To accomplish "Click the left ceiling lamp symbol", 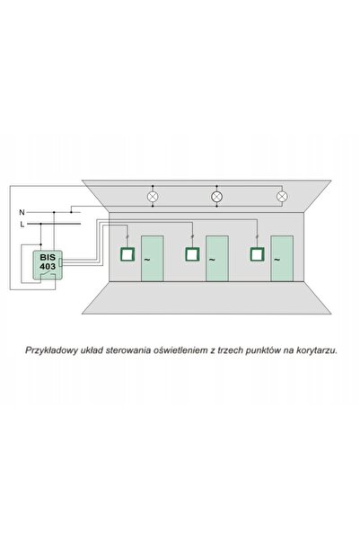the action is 153,197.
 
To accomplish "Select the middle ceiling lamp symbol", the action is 216,197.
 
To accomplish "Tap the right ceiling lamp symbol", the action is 282,196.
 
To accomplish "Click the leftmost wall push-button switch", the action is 127,254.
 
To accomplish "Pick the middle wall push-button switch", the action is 192,254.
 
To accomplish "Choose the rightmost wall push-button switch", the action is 257,254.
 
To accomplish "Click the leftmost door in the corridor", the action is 152,258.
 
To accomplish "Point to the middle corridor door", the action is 217,258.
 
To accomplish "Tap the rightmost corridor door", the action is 282,258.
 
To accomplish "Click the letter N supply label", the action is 22,212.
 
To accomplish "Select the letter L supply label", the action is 22,225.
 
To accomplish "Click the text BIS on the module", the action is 48,257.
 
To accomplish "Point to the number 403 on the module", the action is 48,266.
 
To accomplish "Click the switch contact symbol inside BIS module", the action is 48,274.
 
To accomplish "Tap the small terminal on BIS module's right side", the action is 60,262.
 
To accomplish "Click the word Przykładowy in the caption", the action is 52,350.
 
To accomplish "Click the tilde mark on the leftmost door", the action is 147,260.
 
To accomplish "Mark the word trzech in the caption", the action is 229,350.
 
